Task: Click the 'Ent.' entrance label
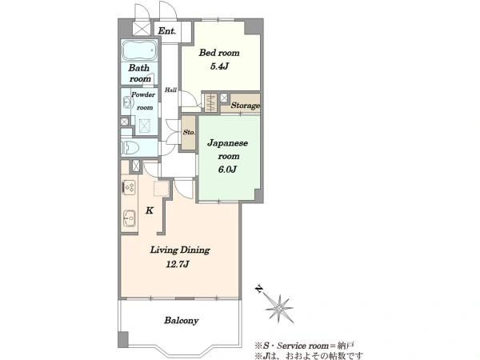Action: pos(167,31)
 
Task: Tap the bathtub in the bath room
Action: pos(139,50)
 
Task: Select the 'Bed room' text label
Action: pos(219,53)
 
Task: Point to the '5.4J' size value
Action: pos(219,66)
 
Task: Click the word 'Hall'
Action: pos(170,90)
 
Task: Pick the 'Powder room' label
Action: pos(143,101)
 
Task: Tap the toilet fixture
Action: pos(130,148)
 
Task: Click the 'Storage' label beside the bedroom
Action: pos(246,106)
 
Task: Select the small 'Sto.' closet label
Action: pos(189,132)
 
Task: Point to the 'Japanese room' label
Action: pos(228,150)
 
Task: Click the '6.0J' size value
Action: pos(227,170)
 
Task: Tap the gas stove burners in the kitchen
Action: pos(129,187)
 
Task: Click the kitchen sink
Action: pos(129,218)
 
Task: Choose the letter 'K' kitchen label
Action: pos(150,210)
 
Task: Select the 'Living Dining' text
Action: pos(180,250)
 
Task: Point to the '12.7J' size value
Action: pos(178,264)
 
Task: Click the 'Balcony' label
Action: pos(182,321)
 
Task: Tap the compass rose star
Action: pos(279,307)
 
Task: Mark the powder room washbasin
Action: pos(126,102)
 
